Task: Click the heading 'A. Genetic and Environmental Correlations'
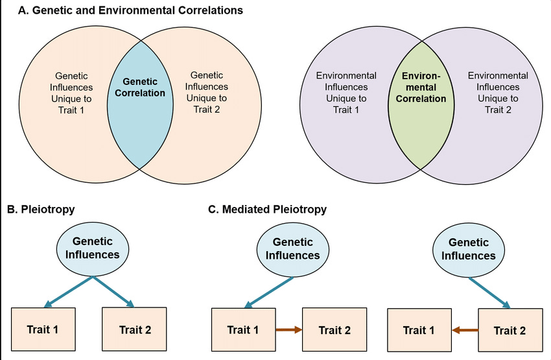point(130,10)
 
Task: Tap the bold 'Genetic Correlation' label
point(140,87)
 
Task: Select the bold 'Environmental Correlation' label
point(421,87)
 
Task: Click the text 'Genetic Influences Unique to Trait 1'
point(71,93)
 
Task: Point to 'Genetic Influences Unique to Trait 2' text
point(207,92)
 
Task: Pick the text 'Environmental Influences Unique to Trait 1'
point(346,93)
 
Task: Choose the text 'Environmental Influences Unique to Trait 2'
point(498,93)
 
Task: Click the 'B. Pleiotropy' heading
point(41,209)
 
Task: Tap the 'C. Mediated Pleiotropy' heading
point(268,209)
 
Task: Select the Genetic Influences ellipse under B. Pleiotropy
point(93,249)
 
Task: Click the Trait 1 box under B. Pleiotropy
point(43,330)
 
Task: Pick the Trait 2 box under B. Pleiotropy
point(134,330)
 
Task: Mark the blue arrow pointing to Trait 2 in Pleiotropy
point(113,291)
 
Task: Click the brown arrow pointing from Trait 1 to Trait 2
point(289,330)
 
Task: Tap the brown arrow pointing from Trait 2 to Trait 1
point(465,330)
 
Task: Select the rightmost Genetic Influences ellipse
point(469,250)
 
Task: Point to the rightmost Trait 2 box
point(511,330)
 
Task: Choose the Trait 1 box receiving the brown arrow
point(419,330)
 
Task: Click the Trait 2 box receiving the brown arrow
point(334,330)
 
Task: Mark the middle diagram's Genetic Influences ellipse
point(293,250)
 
